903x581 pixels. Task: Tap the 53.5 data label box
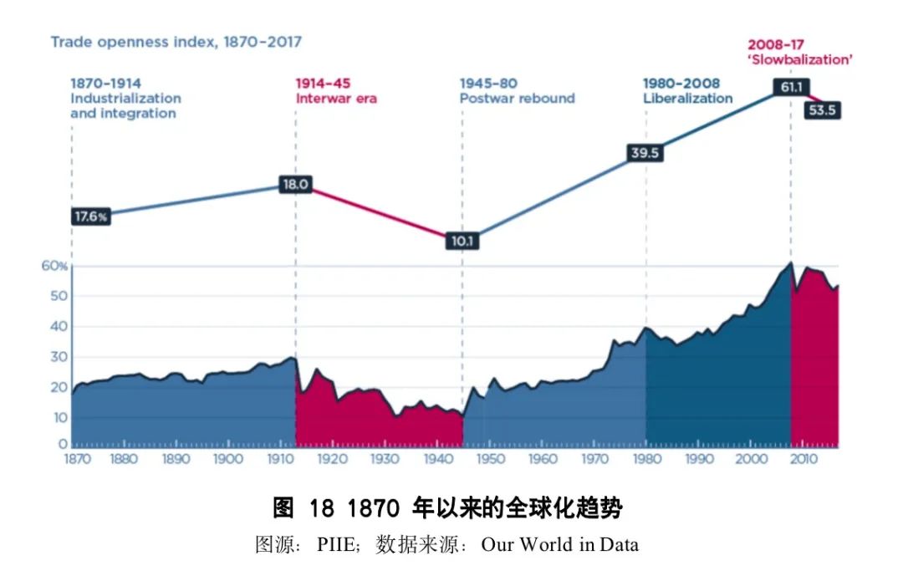click(821, 110)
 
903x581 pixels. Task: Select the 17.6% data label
click(91, 217)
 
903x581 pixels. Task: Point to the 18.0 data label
click(295, 185)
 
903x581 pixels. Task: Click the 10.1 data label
click(462, 242)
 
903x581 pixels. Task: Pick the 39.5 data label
click(645, 153)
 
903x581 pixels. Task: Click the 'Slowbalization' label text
click(799, 59)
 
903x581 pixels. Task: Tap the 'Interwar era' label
click(336, 98)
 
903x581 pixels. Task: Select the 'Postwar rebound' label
click(517, 98)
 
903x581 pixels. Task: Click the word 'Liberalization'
click(687, 98)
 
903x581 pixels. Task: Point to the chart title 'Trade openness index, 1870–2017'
click(176, 41)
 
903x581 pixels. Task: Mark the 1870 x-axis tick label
click(71, 459)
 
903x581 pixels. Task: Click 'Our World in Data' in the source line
click(559, 545)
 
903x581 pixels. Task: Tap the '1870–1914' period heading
click(105, 84)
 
